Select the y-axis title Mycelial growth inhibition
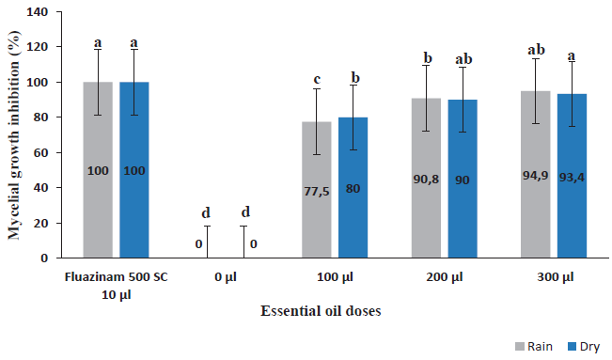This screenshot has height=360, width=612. point(14,134)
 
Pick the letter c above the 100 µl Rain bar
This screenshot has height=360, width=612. point(317,77)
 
